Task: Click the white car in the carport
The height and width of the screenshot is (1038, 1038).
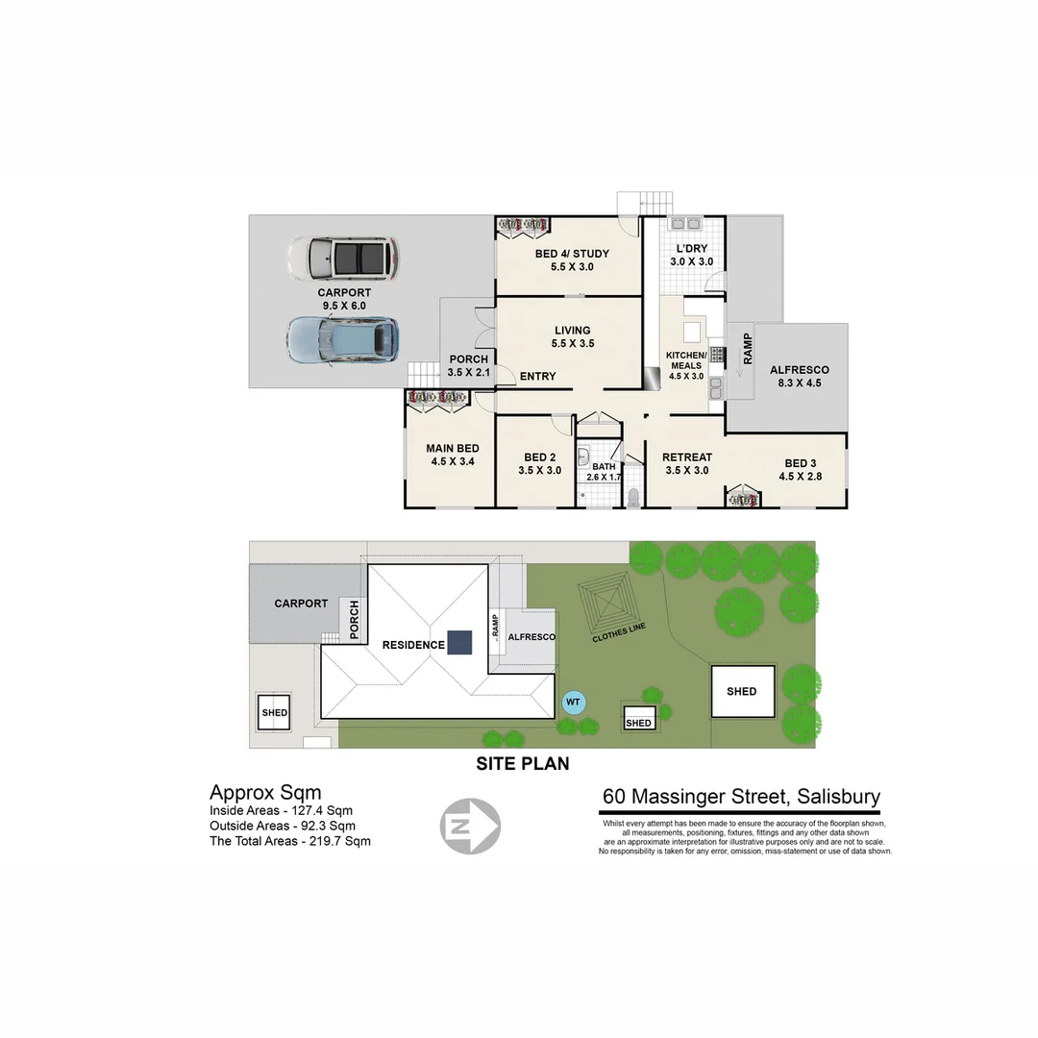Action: pos(342,257)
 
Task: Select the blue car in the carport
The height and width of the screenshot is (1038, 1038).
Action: pos(342,339)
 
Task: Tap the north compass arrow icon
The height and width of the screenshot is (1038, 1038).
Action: pos(470,824)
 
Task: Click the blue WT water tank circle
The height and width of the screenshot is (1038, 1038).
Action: pos(573,703)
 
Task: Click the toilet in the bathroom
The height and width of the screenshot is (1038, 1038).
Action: pos(633,497)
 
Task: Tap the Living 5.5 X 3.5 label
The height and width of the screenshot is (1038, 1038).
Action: pos(572,336)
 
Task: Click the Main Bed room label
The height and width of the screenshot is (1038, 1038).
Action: pos(452,455)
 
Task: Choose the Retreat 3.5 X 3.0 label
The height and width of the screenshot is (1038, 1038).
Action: pos(687,463)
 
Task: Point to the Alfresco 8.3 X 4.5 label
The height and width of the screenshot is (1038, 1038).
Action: pos(799,376)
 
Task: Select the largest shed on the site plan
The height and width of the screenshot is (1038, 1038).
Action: pos(741,691)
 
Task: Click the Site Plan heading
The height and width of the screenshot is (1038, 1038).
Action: pos(523,764)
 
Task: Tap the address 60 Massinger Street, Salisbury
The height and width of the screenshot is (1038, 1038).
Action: pos(741,797)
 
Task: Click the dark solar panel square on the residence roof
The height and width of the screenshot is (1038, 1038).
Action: pos(459,642)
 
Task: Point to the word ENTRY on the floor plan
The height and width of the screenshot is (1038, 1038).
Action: pos(537,376)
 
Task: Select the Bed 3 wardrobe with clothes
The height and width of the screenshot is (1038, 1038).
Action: pos(743,498)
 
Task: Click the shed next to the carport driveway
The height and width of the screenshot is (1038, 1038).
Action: pos(274,712)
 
